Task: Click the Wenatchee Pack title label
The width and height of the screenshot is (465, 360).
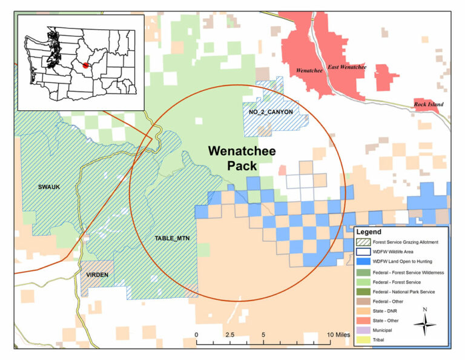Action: click(242, 158)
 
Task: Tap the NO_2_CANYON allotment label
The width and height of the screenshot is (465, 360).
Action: click(270, 112)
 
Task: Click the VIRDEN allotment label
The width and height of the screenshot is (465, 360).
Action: click(96, 275)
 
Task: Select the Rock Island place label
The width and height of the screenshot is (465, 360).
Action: click(428, 104)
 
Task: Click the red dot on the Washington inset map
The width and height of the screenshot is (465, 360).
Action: click(86, 65)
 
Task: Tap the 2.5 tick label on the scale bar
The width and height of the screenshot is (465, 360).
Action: click(230, 335)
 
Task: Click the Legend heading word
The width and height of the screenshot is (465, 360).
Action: click(369, 232)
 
